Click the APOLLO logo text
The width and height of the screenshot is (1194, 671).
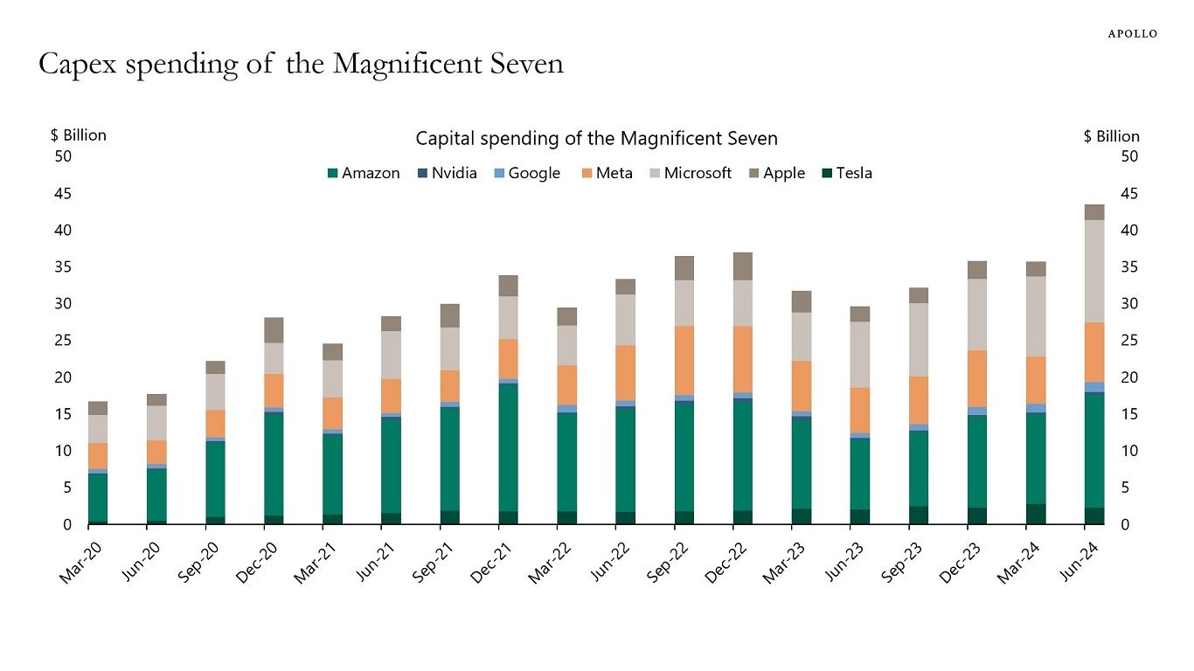(1132, 34)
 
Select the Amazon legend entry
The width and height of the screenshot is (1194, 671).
(364, 173)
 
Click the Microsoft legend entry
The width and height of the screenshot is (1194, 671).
(690, 173)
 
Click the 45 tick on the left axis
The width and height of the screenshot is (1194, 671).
(63, 193)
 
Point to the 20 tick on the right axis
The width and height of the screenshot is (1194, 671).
(1129, 377)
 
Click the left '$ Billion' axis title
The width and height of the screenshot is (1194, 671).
(79, 135)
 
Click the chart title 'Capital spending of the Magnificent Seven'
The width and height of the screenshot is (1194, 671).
(596, 139)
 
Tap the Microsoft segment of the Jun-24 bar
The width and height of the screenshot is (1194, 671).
(1094, 271)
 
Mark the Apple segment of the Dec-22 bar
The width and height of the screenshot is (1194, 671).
(743, 266)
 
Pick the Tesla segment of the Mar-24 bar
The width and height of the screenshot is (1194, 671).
(1036, 514)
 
